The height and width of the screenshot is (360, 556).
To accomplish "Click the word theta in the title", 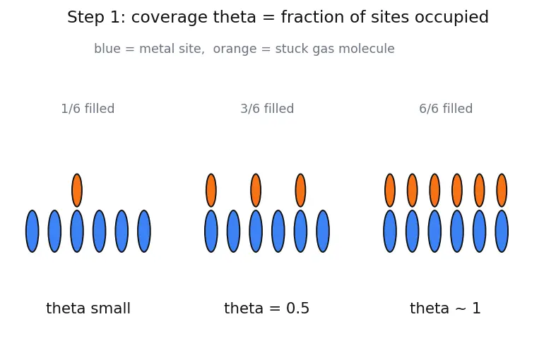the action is (235, 17).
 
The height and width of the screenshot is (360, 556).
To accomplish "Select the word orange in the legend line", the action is (235, 49).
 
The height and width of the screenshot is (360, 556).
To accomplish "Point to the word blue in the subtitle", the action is (107, 49).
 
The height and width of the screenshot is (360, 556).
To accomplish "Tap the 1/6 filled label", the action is (88, 109).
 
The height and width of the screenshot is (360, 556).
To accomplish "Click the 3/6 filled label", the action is (267, 109).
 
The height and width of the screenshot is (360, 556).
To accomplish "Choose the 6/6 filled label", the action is (446, 109).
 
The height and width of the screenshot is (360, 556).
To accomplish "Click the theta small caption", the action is (88, 308).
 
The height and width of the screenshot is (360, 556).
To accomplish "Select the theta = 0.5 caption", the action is (266, 308).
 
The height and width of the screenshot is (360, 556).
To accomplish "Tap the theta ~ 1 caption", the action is (445, 308).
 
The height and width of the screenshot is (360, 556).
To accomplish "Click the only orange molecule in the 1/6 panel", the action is (77, 191).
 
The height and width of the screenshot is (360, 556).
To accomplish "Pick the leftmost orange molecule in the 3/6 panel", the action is (211, 191).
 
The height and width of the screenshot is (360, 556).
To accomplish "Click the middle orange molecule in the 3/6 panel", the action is (256, 191).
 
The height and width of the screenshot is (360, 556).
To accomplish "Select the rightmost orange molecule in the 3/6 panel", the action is (300, 191).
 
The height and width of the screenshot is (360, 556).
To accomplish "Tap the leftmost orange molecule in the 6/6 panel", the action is (390, 191).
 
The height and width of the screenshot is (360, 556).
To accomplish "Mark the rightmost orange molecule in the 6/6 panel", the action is (502, 191).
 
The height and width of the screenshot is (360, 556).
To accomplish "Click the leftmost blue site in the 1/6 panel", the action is (32, 231).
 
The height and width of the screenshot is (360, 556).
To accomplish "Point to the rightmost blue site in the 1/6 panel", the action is (144, 231).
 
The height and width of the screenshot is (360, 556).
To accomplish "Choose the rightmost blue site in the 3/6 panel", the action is (323, 231).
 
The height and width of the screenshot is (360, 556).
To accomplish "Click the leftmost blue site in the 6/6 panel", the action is (390, 231).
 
